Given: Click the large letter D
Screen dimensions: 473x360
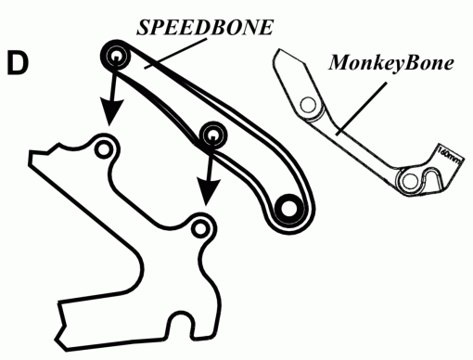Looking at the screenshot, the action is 18,63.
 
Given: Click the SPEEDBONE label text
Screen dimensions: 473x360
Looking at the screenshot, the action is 205,27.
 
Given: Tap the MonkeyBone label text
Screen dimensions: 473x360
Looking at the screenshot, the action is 391,63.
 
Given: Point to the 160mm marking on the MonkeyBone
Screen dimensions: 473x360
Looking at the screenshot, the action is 450,156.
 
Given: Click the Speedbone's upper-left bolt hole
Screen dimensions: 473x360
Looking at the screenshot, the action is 116,57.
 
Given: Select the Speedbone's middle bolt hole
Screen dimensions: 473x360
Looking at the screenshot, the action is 212,135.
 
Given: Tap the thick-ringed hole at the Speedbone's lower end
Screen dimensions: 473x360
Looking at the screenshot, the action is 288,209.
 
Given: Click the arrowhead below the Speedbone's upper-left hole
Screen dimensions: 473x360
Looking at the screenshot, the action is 111,112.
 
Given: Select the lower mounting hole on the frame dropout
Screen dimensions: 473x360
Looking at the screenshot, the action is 200,229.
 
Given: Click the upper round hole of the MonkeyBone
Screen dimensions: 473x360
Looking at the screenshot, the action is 308,105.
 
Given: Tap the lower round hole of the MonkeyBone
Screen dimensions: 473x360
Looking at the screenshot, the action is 410,180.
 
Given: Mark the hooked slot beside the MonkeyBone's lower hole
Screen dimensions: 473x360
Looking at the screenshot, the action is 432,178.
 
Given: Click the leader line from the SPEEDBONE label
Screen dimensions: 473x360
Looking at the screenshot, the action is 175,54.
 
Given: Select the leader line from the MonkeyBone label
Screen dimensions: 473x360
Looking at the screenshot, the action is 362,109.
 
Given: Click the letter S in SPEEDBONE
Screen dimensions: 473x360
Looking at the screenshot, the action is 144,28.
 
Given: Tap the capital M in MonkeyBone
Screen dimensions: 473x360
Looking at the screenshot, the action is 340,63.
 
